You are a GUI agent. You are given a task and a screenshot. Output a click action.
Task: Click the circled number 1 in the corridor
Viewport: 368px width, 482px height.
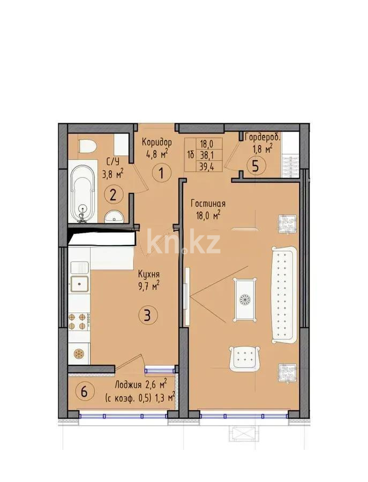coord(160,174)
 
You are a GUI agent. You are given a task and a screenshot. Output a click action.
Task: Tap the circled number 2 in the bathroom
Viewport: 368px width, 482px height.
coord(113,194)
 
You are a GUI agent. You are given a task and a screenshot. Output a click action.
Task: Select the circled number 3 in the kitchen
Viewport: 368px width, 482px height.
coord(148,315)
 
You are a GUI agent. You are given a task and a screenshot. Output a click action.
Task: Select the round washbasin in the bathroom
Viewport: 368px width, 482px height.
coord(114,215)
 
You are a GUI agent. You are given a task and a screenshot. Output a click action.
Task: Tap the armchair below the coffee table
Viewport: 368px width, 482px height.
coord(245,358)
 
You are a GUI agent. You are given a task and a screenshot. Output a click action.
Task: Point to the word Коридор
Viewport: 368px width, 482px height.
coord(156,142)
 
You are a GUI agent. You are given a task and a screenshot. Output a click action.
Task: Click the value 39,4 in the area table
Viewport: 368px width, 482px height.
coord(206,164)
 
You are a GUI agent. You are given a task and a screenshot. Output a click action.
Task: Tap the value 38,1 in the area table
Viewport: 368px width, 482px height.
coord(206,154)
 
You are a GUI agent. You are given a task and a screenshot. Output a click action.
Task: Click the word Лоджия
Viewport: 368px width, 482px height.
coord(128,385)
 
